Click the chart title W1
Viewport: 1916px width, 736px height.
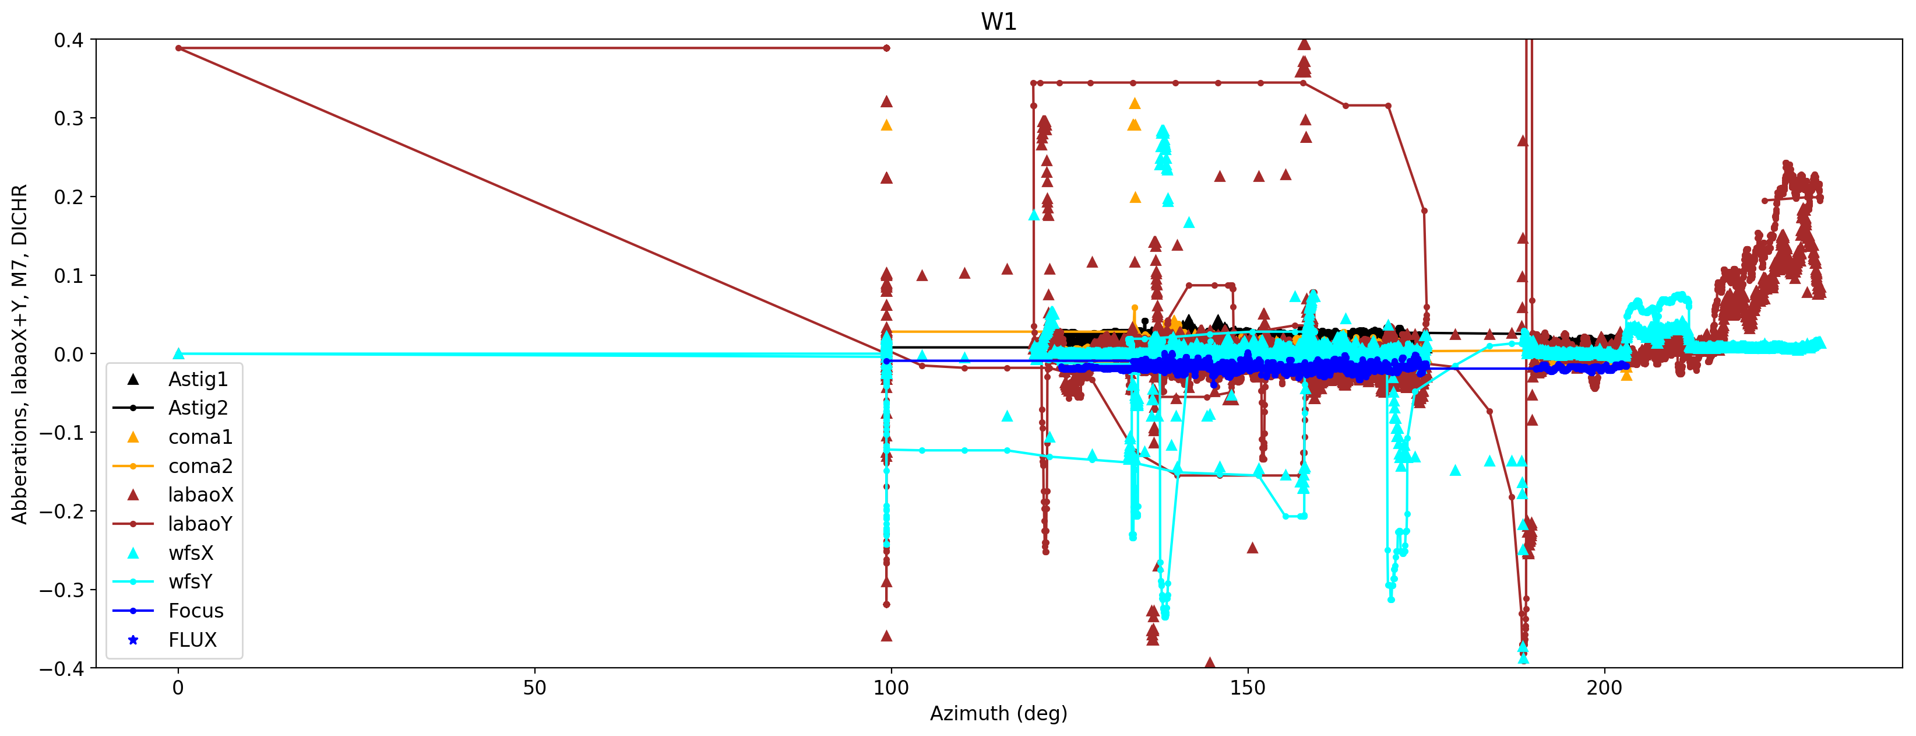tap(998, 22)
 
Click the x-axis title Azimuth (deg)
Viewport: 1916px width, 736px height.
tap(998, 714)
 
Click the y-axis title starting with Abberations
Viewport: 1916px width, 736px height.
tap(19, 353)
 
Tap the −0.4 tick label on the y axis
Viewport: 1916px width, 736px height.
tap(62, 668)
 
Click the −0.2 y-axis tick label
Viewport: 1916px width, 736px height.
tap(62, 511)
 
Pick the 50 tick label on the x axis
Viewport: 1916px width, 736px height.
tap(534, 688)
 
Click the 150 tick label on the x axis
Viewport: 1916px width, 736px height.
tap(1248, 688)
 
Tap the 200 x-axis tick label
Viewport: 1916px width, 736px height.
tap(1604, 688)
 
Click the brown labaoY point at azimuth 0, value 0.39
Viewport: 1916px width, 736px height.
tap(178, 48)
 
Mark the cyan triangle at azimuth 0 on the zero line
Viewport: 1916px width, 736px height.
tap(178, 354)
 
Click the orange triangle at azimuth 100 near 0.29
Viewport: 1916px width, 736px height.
tap(886, 125)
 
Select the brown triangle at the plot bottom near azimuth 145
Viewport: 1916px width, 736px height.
tap(1209, 663)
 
